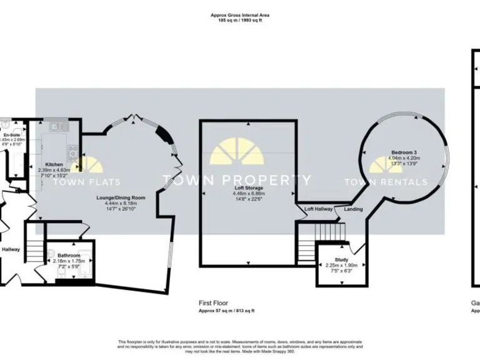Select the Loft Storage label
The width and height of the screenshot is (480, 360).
tap(249, 188)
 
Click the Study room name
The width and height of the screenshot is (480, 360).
tap(341, 259)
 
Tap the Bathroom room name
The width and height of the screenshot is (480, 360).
tap(68, 255)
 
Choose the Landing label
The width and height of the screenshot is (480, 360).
tap(353, 209)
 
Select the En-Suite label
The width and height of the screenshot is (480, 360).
tap(11, 135)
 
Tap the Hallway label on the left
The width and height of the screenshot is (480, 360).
tap(11, 249)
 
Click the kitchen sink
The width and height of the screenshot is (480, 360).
tap(59, 127)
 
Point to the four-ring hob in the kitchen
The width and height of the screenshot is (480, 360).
tap(73, 151)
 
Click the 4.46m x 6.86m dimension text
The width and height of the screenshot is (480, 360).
tap(249, 194)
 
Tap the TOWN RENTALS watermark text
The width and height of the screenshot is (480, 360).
tap(386, 182)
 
